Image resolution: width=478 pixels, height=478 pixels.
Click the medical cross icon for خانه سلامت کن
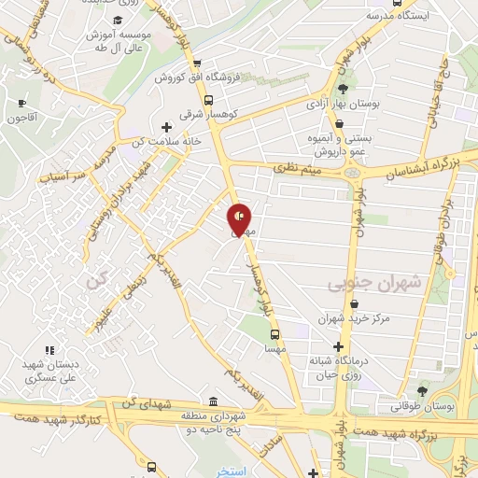pyautogui.click(x=166, y=127)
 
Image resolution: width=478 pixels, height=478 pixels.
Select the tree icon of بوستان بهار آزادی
pyautogui.click(x=343, y=88)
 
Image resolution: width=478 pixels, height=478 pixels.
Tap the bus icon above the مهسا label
pyautogui.click(x=274, y=333)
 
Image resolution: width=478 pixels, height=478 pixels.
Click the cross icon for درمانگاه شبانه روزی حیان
pyautogui.click(x=338, y=346)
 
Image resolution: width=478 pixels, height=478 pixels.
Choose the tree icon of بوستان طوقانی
pyautogui.click(x=422, y=389)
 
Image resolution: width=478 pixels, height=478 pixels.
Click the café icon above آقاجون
pyautogui.click(x=21, y=103)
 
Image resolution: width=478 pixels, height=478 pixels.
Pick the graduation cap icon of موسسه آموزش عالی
pyautogui.click(x=117, y=21)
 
